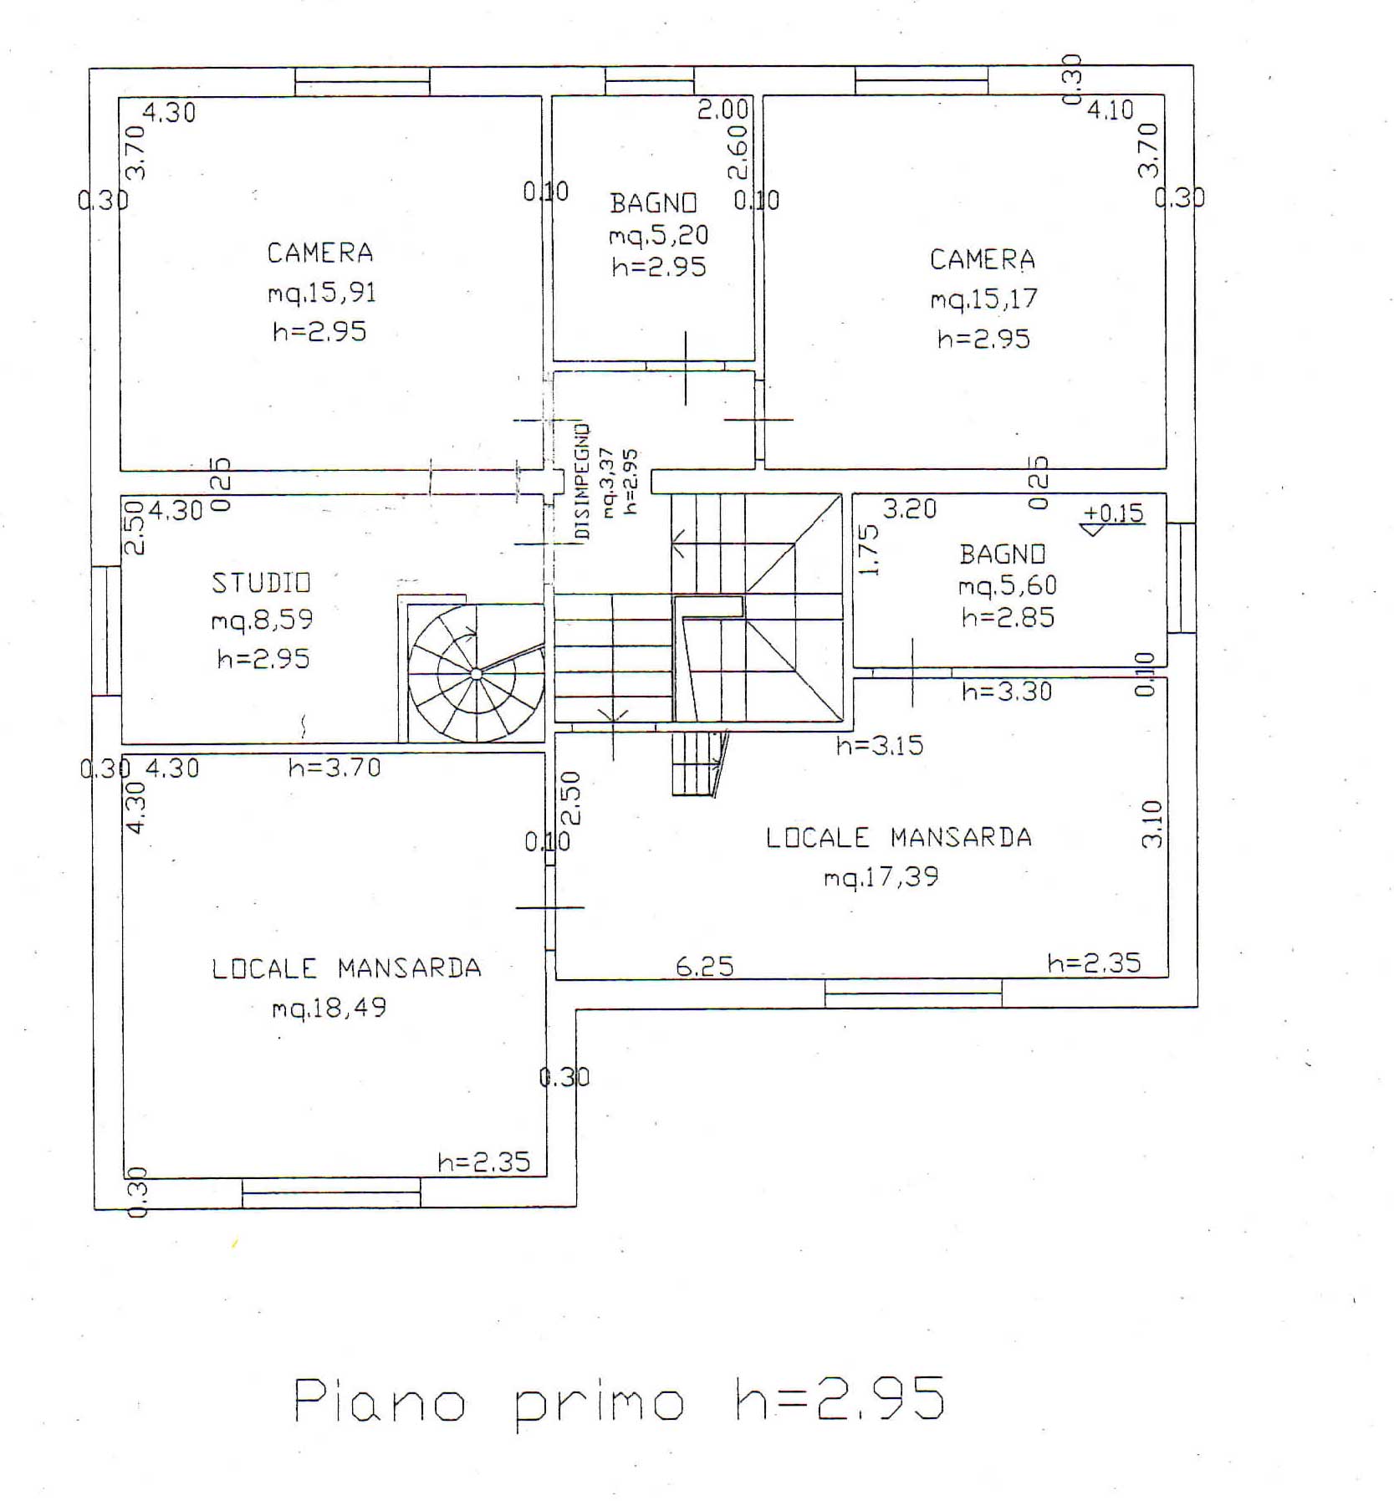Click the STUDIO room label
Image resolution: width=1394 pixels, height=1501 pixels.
pyautogui.click(x=261, y=582)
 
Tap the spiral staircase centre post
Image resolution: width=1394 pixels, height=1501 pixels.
pyautogui.click(x=476, y=673)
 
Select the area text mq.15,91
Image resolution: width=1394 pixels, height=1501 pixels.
pyautogui.click(x=322, y=293)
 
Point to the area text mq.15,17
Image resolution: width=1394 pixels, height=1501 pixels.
pyautogui.click(x=983, y=299)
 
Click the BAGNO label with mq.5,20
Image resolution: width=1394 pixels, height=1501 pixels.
pyautogui.click(x=653, y=203)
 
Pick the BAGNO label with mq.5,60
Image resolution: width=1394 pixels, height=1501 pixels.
pyautogui.click(x=1003, y=554)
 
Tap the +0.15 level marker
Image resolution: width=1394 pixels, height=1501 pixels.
pyautogui.click(x=1113, y=513)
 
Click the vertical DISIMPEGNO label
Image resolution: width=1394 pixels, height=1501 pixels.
pyautogui.click(x=582, y=481)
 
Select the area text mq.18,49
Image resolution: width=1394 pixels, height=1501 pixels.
pyautogui.click(x=329, y=1008)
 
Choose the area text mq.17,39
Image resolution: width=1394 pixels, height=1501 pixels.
pyautogui.click(x=881, y=877)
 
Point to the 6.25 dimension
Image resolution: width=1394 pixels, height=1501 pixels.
pyautogui.click(x=705, y=967)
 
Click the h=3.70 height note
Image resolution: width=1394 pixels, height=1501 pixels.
pyautogui.click(x=334, y=767)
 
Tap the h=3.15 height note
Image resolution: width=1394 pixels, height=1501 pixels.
pyautogui.click(x=880, y=744)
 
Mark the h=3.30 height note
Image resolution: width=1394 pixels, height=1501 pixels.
pyautogui.click(x=1007, y=691)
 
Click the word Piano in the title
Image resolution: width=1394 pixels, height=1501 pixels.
pyautogui.click(x=380, y=1401)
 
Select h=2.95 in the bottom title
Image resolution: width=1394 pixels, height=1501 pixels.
pyautogui.click(x=840, y=1398)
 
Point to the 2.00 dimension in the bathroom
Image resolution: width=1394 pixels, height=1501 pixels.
pyautogui.click(x=723, y=110)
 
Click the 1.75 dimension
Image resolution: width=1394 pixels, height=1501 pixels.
pyautogui.click(x=870, y=550)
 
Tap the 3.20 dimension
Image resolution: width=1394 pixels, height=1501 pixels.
pyautogui.click(x=910, y=508)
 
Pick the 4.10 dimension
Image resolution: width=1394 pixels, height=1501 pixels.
pyautogui.click(x=1111, y=110)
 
